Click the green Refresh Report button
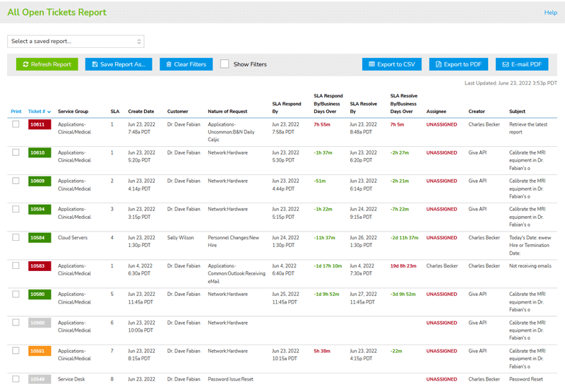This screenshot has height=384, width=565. (x=47, y=64)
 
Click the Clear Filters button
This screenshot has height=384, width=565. (x=186, y=64)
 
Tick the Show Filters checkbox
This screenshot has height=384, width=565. (x=225, y=64)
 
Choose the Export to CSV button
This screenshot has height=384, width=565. (x=392, y=64)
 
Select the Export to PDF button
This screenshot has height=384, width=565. (x=458, y=64)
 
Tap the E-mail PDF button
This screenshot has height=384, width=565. (x=521, y=64)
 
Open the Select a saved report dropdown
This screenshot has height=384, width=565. (x=76, y=41)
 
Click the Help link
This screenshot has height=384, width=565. (x=550, y=13)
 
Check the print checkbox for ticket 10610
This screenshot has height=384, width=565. (x=16, y=152)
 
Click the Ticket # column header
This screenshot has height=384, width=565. (x=39, y=112)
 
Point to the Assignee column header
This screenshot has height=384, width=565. (x=437, y=112)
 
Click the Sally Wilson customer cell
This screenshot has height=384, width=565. (x=182, y=238)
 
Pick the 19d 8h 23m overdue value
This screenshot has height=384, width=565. (x=403, y=266)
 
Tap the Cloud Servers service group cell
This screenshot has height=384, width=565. (x=73, y=238)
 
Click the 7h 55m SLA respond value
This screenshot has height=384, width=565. (x=322, y=124)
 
